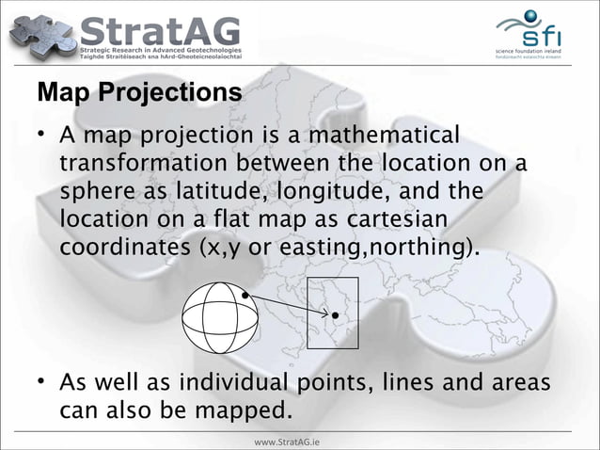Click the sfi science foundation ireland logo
tap(533, 33)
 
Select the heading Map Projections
tap(138, 95)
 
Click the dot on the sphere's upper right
tap(245, 296)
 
